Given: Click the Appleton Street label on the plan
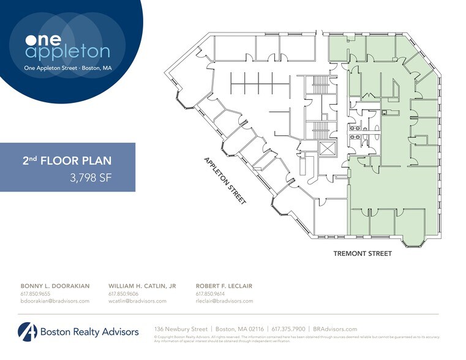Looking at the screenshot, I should [225, 181].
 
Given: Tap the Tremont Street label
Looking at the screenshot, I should [362, 253].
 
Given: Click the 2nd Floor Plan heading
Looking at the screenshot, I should [67, 162].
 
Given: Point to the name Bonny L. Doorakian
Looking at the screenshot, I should [55, 286].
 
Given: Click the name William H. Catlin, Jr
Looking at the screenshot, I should [142, 286].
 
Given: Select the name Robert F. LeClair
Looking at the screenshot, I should [224, 286].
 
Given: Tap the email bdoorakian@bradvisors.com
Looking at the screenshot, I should [55, 301].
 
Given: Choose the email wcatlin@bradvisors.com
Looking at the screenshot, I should [137, 301].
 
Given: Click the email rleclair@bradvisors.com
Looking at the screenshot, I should [224, 301].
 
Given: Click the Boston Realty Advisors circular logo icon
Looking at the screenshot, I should [28, 332].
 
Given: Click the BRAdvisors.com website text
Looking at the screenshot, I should [335, 329].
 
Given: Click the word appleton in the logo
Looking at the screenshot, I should [67, 52].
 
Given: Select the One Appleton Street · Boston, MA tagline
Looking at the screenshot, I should [67, 68].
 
